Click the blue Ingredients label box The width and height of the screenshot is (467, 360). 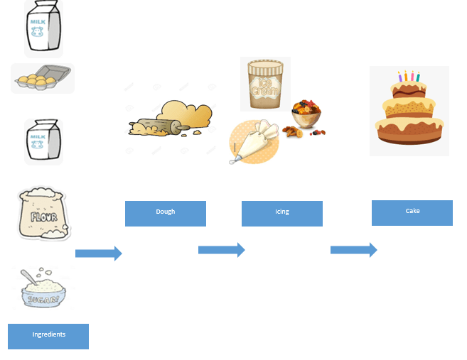(x=48, y=336)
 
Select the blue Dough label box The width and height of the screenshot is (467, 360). (x=166, y=213)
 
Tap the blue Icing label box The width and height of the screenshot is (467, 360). (x=282, y=213)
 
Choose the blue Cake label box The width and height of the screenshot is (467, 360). (x=412, y=212)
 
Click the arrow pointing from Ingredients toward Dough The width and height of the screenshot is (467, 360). (x=98, y=253)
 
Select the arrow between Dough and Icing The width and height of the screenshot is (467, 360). (x=221, y=250)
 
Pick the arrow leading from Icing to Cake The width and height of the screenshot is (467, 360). (x=353, y=250)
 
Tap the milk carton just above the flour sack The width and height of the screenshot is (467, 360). (x=43, y=141)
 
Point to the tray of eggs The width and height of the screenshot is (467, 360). (x=42, y=78)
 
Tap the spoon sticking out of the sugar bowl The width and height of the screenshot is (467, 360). (x=28, y=276)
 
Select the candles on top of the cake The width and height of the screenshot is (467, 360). (x=409, y=77)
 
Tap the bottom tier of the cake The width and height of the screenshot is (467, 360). (x=410, y=132)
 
